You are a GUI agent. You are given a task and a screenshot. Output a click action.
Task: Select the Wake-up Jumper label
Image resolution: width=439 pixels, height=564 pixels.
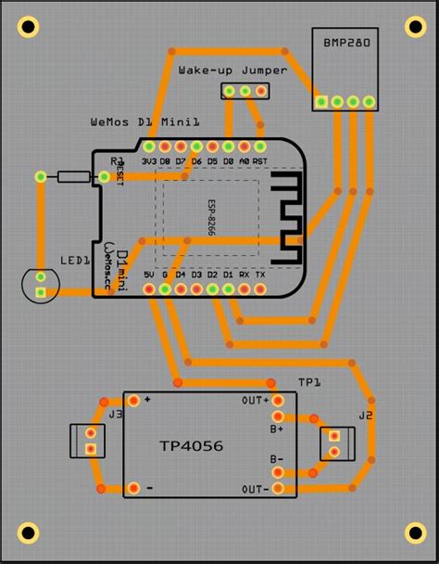point(232,70)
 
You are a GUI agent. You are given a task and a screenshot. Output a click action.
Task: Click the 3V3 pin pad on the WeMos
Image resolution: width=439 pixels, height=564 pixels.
point(148,147)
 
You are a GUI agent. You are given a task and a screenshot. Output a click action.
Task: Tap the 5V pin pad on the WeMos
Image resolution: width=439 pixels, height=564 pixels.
point(148,289)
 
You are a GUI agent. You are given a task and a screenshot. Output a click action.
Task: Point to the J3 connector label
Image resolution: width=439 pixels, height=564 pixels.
point(115,414)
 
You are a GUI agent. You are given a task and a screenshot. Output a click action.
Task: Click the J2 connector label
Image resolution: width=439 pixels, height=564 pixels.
point(365,415)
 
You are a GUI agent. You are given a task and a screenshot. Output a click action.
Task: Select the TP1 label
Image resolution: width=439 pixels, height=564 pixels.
point(308,382)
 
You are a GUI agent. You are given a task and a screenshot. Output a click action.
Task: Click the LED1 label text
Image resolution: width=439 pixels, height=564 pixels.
point(75,261)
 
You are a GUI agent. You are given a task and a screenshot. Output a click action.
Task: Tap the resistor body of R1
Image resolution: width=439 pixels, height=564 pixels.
point(72,176)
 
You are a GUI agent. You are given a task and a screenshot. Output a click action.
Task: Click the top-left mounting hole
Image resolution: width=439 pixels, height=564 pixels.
point(28,30)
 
